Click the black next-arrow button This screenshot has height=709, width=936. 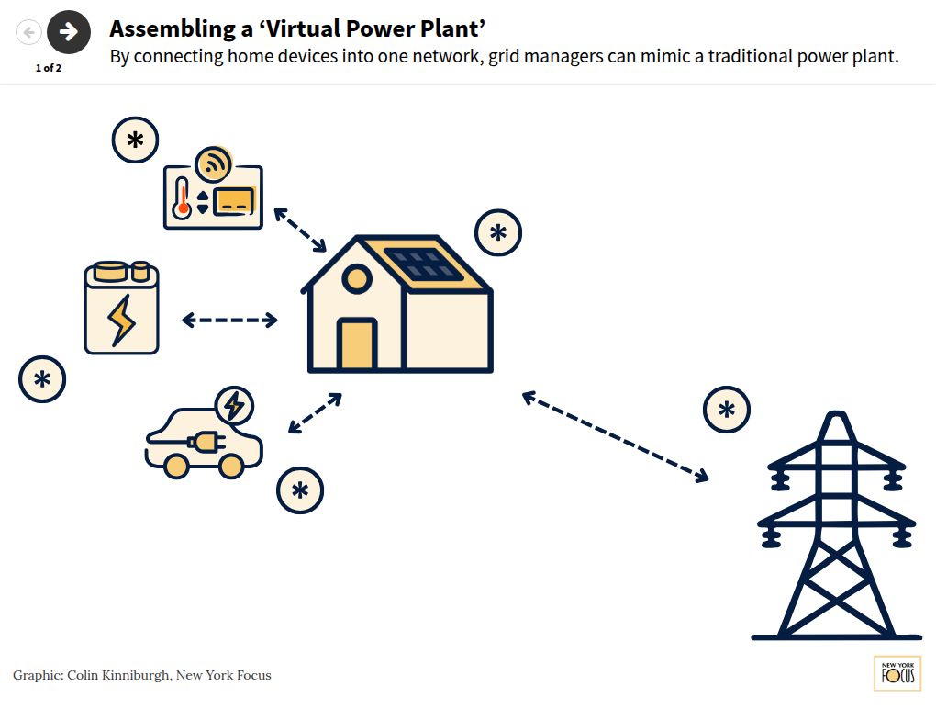click(69, 32)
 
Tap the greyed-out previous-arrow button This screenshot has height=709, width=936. click(29, 33)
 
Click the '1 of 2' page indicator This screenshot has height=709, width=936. click(49, 68)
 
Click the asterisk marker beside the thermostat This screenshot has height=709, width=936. click(135, 141)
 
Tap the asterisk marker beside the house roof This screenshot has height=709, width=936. click(498, 232)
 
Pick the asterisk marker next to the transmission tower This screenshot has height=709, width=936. click(727, 410)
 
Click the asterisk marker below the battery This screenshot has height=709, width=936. click(42, 379)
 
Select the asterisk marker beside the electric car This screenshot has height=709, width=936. click(300, 490)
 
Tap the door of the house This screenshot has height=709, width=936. click(356, 344)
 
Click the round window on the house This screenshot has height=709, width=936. click(356, 280)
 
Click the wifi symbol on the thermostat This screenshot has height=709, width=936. click(215, 164)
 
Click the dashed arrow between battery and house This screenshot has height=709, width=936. click(229, 320)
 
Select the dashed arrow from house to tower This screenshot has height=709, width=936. click(615, 436)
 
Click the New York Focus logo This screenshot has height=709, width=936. click(897, 674)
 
